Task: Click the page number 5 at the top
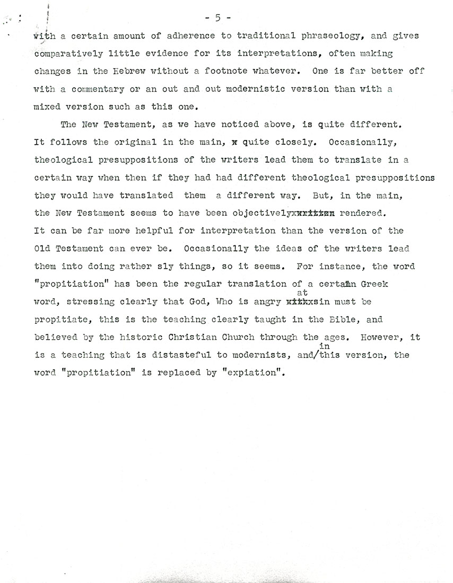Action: [x=217, y=18]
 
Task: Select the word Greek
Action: [x=374, y=284]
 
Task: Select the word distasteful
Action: [x=167, y=356]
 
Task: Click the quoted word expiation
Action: [x=249, y=373]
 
